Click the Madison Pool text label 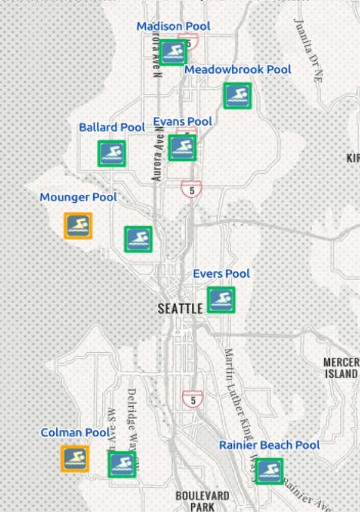point(173,27)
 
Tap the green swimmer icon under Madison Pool point(173,53)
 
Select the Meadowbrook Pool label point(238,70)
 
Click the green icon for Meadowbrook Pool point(237,96)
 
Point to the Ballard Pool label point(112,128)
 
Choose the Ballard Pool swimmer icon point(112,153)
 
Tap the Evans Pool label point(183,122)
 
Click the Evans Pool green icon point(182,148)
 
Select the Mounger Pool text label point(79,197)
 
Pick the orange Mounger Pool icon point(78,226)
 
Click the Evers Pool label point(221,274)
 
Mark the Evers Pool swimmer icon point(221,300)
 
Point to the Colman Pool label point(75,433)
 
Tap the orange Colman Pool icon point(75,459)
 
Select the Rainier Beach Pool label point(269,445)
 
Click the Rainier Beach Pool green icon point(269,471)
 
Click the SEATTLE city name point(180,309)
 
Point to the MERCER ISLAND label point(341,368)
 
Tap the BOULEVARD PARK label point(202,501)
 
